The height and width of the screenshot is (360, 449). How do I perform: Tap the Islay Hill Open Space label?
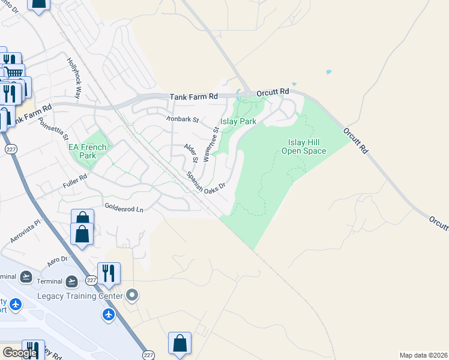[x=304, y=146]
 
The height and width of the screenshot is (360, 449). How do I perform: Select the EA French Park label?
[x=87, y=151]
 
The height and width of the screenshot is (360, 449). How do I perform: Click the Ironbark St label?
[x=182, y=119]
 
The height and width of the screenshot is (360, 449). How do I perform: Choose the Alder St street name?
[x=191, y=153]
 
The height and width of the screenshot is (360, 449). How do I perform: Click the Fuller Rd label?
[x=75, y=181]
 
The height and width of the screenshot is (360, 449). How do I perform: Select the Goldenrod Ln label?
[x=124, y=209]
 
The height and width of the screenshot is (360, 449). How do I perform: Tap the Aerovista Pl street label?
[x=25, y=231]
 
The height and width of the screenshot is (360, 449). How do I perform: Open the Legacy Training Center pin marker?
[x=133, y=295]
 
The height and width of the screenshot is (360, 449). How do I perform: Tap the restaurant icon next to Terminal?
[x=109, y=273]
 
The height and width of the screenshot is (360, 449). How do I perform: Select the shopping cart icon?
[x=14, y=73]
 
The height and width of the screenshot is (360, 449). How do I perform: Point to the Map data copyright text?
[x=423, y=355]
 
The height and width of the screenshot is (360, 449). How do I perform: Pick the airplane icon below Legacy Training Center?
[x=109, y=315]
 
